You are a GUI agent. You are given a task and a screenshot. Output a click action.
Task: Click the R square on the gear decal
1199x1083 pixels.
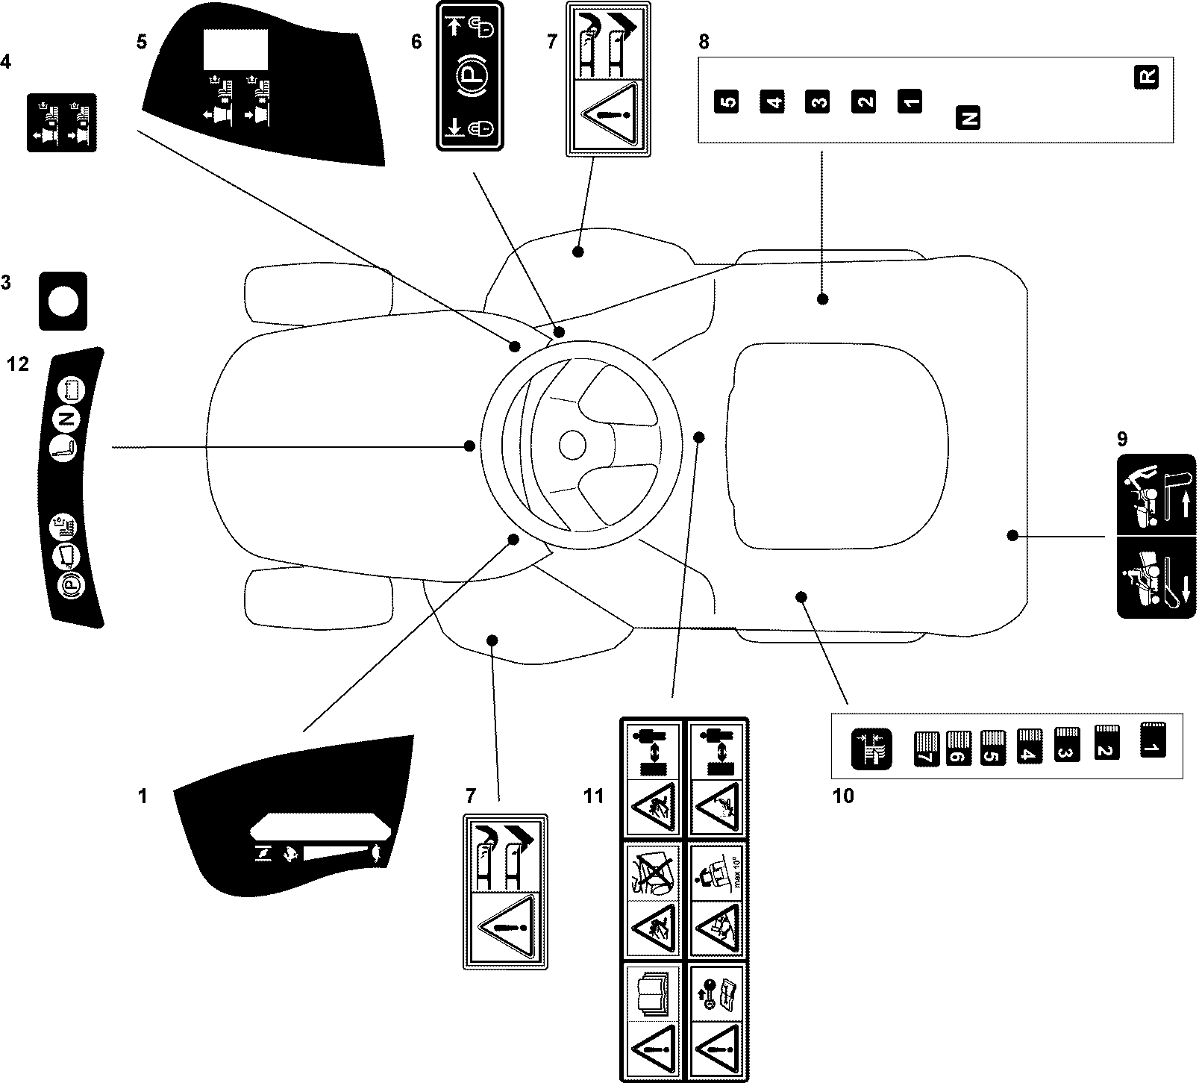pos(1147,77)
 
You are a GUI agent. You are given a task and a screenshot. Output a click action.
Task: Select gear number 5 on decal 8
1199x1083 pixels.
pos(726,101)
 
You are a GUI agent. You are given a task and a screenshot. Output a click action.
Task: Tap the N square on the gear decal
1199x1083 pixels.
pos(968,118)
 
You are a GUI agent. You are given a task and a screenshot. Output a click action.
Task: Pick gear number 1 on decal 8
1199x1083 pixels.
pos(909,101)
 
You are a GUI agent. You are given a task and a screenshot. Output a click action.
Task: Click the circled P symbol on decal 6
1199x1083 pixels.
pos(469,77)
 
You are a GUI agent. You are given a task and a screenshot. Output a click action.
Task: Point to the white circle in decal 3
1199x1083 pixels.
pos(63,302)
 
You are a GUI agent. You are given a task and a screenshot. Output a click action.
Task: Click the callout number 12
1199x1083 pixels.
pos(18,364)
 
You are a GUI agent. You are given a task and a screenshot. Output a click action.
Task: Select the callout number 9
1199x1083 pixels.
pos(1123,438)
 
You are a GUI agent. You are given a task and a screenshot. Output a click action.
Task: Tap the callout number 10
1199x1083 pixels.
pos(843,796)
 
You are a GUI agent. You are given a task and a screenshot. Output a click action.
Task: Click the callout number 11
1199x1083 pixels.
pos(593,796)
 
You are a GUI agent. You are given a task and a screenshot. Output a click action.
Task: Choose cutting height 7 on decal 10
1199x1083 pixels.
pos(924,749)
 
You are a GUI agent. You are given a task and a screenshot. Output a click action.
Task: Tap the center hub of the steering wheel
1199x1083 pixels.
pos(572,446)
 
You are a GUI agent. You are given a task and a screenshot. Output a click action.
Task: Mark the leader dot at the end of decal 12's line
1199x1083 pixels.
pos(469,446)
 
